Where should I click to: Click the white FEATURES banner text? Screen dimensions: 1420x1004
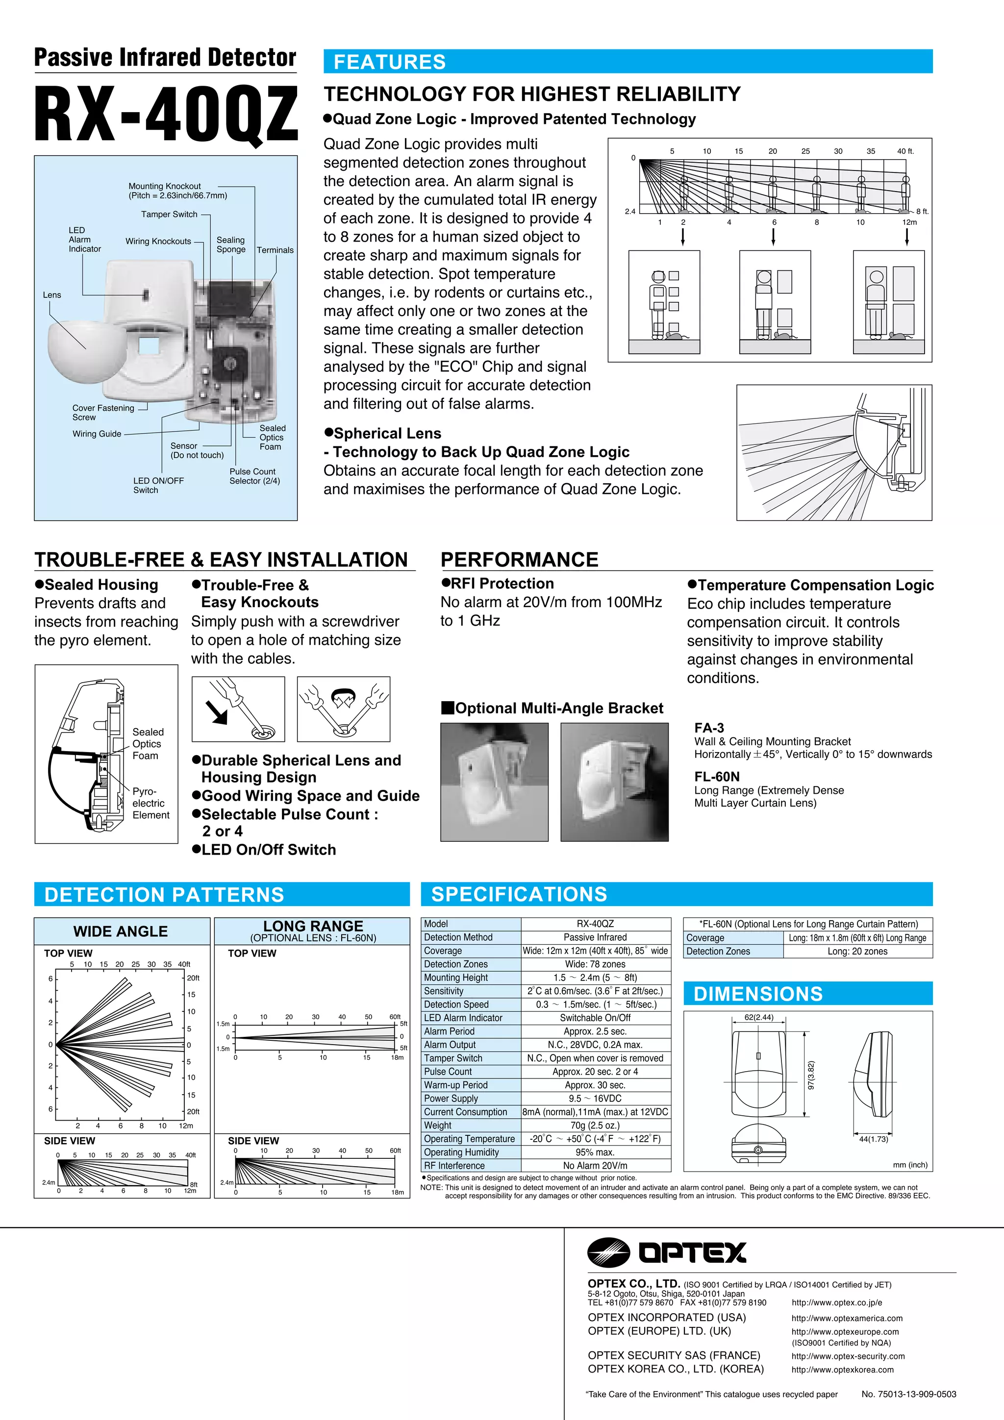(389, 62)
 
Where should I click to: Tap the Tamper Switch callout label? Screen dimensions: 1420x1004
(169, 214)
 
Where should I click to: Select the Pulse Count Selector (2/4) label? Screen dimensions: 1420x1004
(254, 476)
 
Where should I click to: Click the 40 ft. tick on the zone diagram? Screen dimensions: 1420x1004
(905, 151)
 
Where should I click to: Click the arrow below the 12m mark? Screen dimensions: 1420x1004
(907, 236)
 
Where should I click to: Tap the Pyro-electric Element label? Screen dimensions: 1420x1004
(151, 803)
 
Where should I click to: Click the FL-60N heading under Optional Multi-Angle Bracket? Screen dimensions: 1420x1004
(716, 776)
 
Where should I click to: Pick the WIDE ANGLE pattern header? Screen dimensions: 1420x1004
(121, 931)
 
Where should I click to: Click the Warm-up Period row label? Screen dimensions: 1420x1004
(456, 1085)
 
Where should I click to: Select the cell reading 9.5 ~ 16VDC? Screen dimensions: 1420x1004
(595, 1099)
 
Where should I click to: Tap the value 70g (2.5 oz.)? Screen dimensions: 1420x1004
(595, 1125)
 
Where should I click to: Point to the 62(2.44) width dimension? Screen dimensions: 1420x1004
(758, 1017)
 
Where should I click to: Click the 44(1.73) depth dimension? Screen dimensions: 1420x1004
(873, 1139)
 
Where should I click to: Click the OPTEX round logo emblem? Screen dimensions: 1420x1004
(608, 1252)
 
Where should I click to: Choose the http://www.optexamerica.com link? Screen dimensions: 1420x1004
(846, 1318)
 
